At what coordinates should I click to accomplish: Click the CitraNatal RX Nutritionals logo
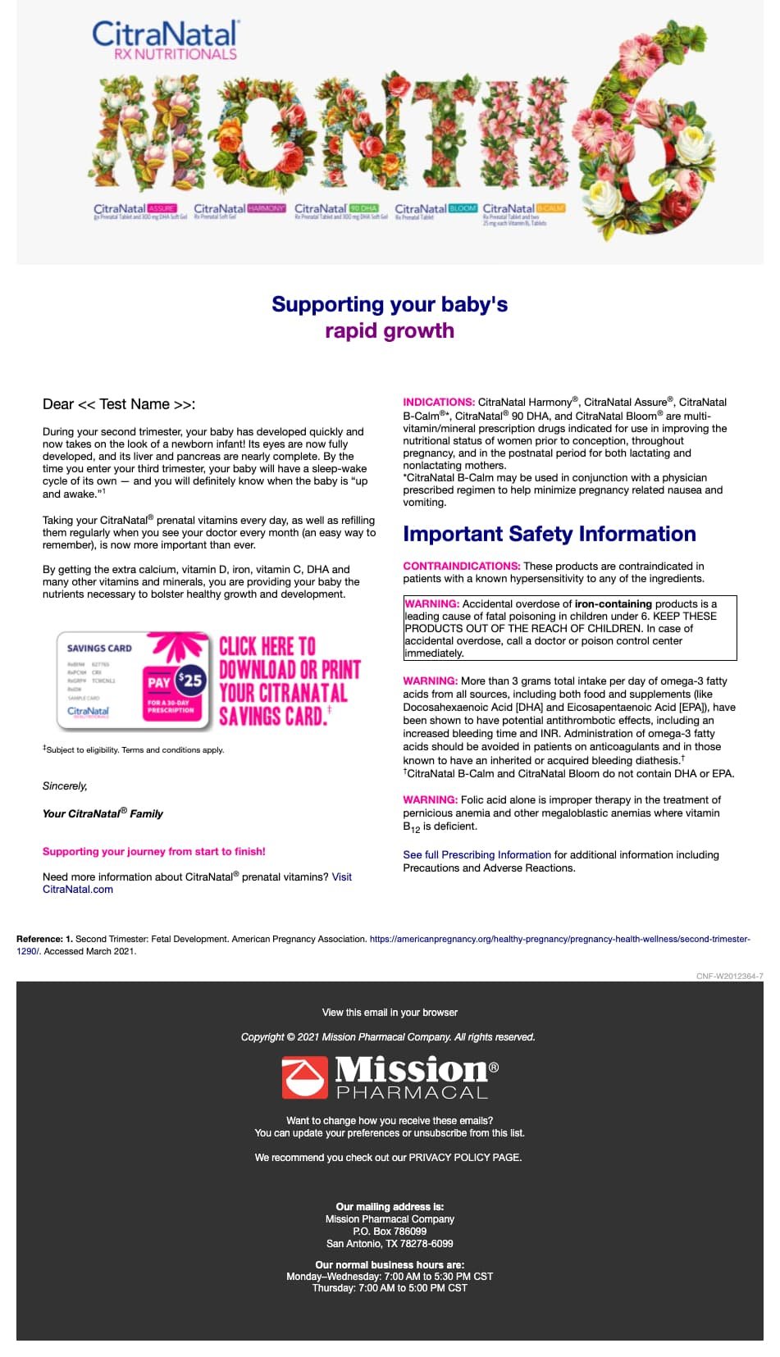point(165,40)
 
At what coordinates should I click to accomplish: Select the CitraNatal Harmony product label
point(239,210)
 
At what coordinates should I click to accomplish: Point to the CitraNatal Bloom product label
point(436,210)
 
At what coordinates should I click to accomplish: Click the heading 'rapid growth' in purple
point(390,330)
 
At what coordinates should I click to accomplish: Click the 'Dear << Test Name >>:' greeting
point(119,404)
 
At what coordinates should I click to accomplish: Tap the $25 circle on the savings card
point(190,679)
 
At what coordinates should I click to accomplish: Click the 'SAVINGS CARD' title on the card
point(99,648)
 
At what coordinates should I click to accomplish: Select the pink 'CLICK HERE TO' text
point(267,647)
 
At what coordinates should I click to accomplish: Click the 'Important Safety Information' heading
point(549,534)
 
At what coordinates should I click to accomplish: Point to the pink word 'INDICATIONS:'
point(438,402)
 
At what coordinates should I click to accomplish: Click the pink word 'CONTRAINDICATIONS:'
point(461,566)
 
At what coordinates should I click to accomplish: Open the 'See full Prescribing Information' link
point(477,854)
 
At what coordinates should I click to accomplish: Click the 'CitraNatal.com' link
point(78,889)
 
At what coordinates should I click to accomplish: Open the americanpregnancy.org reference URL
point(559,939)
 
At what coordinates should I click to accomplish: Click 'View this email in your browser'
point(390,1013)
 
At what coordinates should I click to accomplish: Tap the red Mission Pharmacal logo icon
point(304,1077)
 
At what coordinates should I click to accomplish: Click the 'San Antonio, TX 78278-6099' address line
point(390,1243)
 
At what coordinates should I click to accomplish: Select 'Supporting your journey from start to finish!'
point(154,851)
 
